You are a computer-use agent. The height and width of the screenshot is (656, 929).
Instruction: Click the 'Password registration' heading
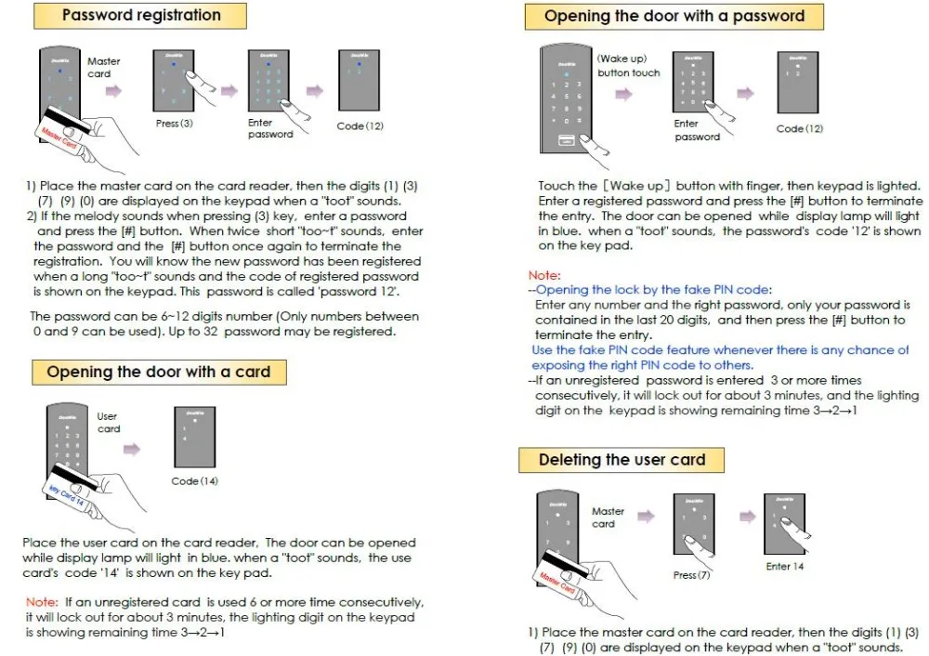pos(141,15)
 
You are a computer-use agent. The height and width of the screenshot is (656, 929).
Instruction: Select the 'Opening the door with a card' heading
pos(158,372)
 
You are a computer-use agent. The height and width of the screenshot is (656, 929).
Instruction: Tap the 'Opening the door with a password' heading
pos(674,16)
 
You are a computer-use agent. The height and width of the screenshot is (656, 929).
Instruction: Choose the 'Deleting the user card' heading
pos(622,460)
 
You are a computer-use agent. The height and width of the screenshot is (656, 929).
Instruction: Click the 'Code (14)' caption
pos(194,481)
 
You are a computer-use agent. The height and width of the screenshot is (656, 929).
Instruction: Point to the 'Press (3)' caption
pos(174,124)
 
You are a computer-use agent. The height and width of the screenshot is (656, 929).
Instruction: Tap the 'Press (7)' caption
pos(691,575)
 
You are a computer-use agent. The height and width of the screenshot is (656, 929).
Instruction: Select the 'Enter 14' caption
pos(785,567)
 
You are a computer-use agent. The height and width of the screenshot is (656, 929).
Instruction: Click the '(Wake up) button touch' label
pos(628,66)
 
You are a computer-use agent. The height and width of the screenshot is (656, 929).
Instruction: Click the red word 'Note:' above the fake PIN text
pos(544,276)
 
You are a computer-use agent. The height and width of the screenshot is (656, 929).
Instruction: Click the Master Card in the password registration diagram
pos(58,136)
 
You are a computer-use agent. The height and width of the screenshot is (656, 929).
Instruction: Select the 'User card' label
pos(109,423)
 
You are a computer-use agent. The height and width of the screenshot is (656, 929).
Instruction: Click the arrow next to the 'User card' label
pos(132,449)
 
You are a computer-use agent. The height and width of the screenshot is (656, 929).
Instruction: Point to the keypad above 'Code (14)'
pos(194,437)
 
